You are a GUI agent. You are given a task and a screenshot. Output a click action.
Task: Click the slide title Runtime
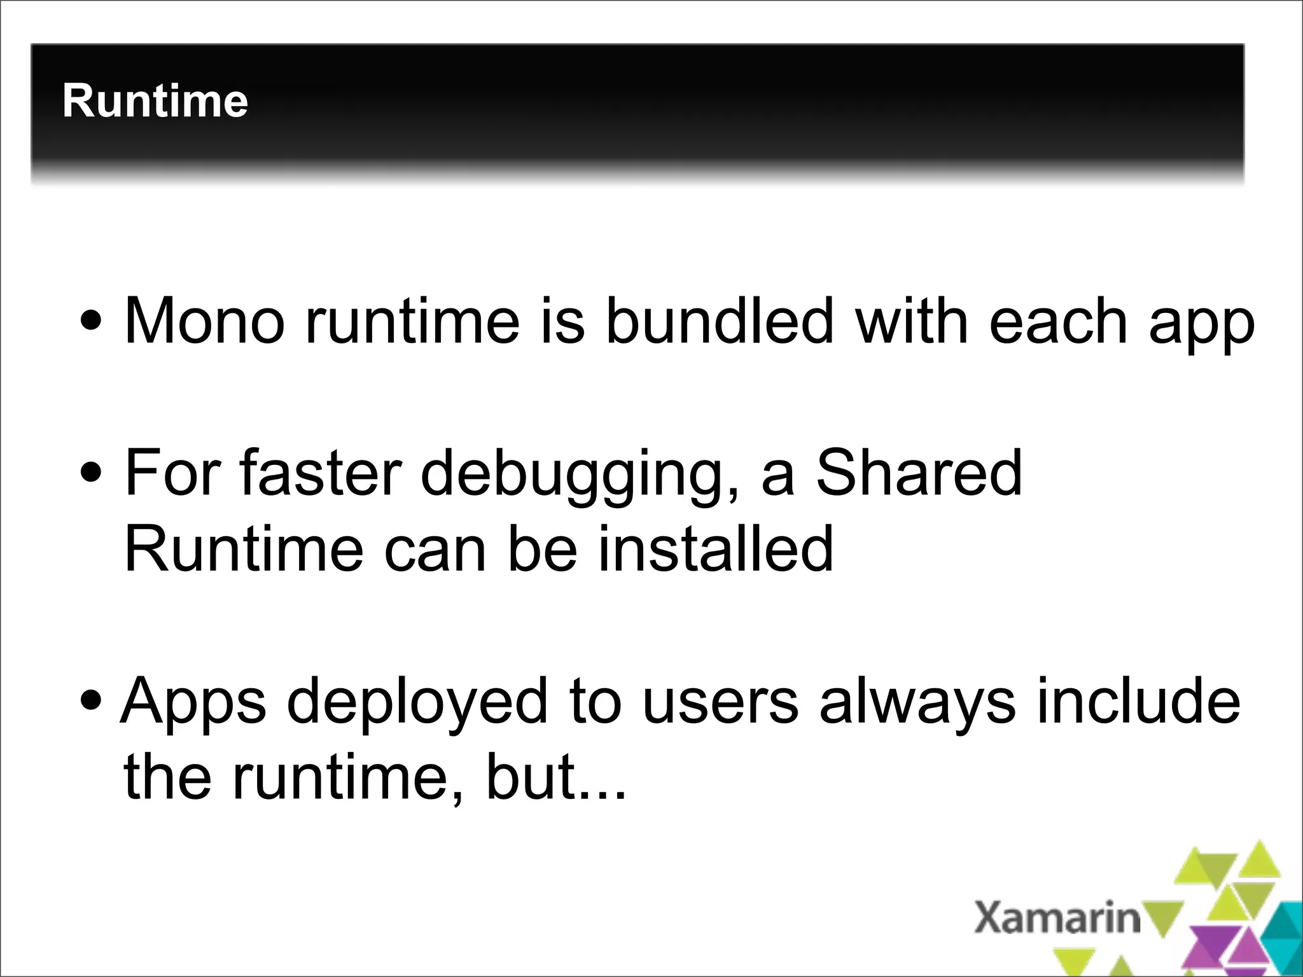click(155, 101)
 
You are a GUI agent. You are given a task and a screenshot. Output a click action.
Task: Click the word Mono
click(204, 321)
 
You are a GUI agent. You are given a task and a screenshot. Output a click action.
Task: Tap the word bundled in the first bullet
click(719, 321)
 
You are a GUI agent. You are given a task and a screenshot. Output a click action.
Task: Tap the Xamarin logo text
click(1057, 918)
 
